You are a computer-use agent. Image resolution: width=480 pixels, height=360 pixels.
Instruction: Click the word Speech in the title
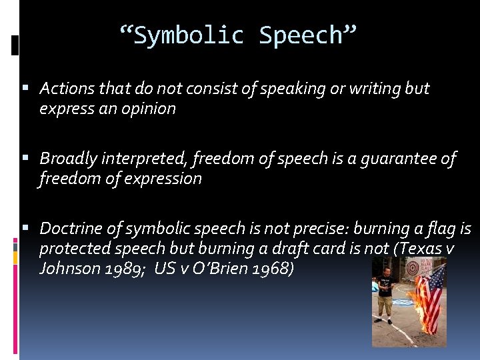[301, 35]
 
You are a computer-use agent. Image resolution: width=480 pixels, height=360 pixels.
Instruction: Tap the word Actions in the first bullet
[66, 88]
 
